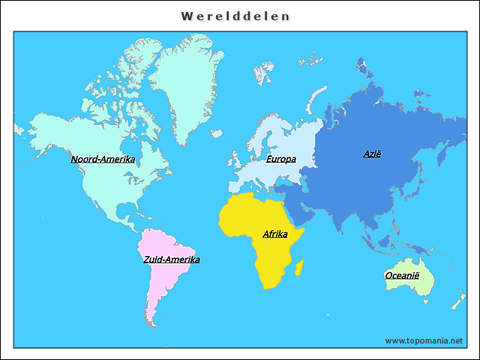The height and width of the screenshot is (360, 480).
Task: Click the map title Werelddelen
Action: [236, 16]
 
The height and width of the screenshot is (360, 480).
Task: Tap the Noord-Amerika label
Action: [103, 159]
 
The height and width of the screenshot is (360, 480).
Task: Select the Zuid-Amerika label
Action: [172, 259]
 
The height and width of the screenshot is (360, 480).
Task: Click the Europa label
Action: [280, 159]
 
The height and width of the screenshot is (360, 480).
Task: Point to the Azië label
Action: [372, 154]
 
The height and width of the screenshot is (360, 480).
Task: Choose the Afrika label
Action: [275, 234]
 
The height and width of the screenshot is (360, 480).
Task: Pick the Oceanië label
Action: [402, 275]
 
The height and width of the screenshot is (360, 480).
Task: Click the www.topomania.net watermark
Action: [424, 340]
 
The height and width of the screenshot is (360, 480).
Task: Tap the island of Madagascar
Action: [300, 266]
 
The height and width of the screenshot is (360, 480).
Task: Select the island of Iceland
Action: [217, 133]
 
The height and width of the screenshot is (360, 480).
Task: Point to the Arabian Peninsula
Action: [300, 206]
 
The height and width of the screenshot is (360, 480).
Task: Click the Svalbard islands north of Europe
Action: [263, 73]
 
